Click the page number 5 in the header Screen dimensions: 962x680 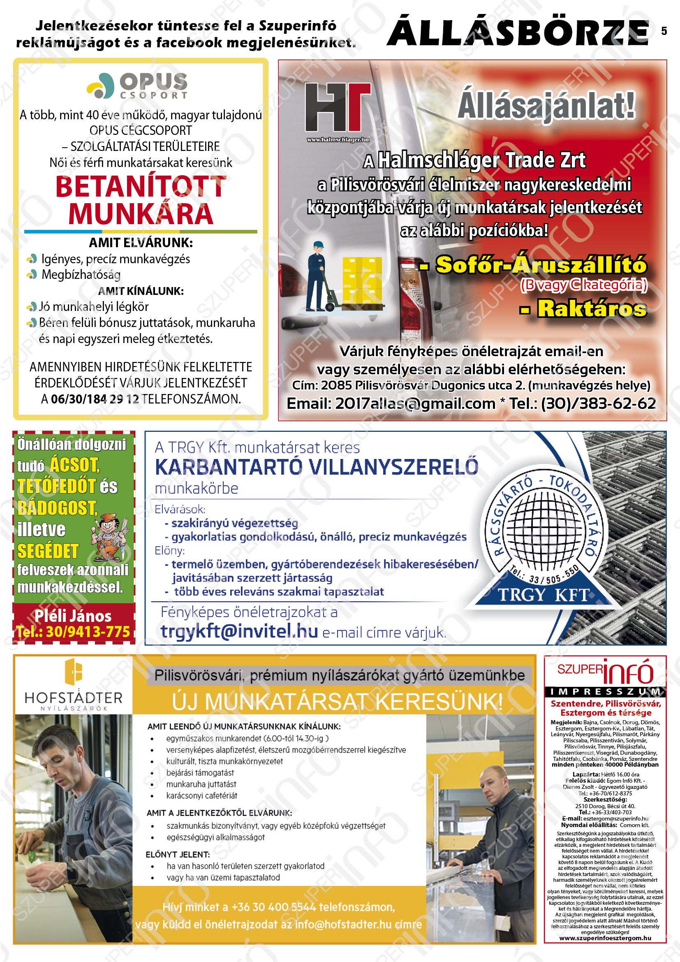[x=664, y=31]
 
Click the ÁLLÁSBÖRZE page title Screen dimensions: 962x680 [x=518, y=31]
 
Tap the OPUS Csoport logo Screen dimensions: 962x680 [x=137, y=86]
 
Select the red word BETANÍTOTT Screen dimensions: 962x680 [x=141, y=187]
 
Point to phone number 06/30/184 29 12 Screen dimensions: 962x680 [x=95, y=399]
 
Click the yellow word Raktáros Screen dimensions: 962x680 [x=591, y=309]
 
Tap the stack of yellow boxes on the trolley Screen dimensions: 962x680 [x=362, y=280]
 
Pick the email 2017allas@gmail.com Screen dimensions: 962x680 [x=415, y=403]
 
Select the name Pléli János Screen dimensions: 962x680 [x=73, y=616]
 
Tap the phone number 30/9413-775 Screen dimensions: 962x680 [x=88, y=632]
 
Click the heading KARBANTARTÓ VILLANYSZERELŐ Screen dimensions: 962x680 [x=317, y=467]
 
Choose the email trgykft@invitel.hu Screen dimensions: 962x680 [x=239, y=631]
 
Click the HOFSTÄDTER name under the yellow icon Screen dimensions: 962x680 [x=74, y=698]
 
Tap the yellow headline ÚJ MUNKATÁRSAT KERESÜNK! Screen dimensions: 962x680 [x=337, y=701]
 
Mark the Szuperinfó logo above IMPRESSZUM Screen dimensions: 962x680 [x=605, y=671]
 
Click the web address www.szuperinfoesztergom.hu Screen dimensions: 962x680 [x=605, y=938]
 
